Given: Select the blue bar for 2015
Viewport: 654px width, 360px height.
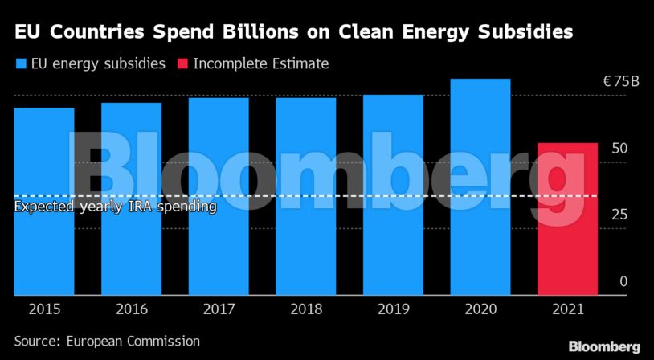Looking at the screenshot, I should tap(44, 201).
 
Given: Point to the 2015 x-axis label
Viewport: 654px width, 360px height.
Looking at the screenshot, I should tap(44, 309).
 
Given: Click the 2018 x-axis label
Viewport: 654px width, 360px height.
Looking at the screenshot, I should tap(305, 309).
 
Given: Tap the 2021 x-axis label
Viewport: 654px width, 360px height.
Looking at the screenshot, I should tap(567, 309).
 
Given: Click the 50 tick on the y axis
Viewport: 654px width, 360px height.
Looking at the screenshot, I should tap(619, 149).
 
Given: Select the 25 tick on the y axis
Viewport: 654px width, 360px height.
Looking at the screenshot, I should tap(619, 215).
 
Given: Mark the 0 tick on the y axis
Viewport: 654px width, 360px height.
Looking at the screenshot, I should tap(623, 281).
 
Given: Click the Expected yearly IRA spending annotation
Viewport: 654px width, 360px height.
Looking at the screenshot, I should tap(116, 207).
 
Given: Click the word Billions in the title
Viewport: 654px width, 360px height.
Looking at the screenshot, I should tap(251, 32).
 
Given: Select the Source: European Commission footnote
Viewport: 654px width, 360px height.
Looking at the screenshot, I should tap(107, 341).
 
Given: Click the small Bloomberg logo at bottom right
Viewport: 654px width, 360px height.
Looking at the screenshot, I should tap(604, 346).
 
